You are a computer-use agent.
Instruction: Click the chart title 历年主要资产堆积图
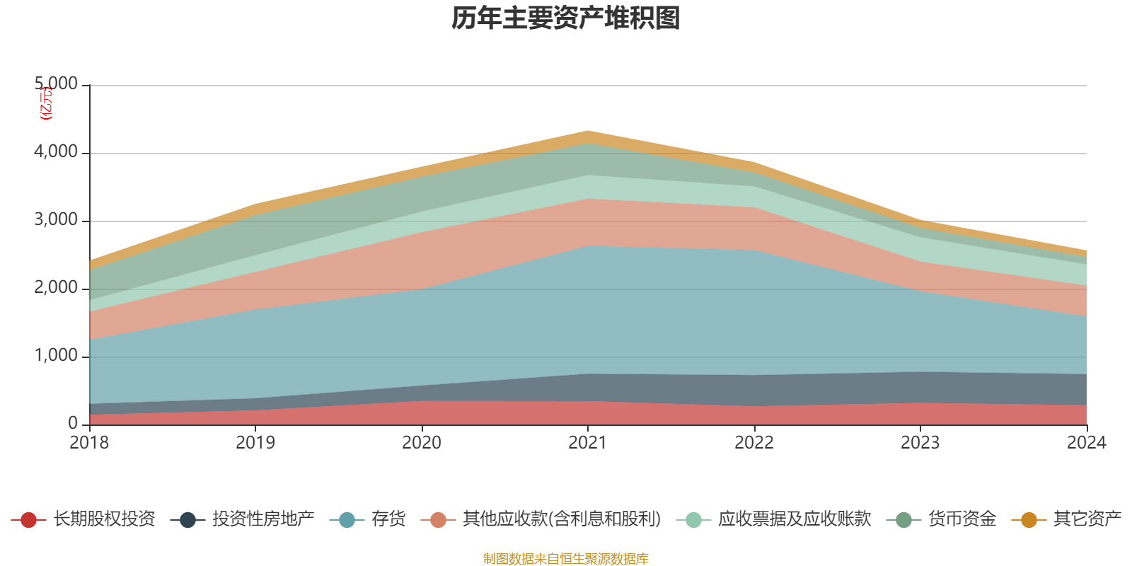click(x=566, y=18)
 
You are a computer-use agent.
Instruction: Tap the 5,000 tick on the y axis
click(x=57, y=84)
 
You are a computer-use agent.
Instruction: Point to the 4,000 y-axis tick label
click(x=57, y=152)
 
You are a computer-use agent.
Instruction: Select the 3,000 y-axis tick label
click(x=57, y=220)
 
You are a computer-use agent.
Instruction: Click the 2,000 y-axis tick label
click(x=57, y=288)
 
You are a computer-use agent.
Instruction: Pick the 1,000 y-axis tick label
click(x=57, y=356)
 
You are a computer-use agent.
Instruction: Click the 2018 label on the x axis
click(x=89, y=443)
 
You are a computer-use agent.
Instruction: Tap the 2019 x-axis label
click(x=255, y=443)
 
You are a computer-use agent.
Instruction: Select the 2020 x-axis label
click(x=422, y=443)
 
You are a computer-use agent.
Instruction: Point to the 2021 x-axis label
click(x=588, y=443)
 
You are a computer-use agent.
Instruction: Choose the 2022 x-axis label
click(x=754, y=443)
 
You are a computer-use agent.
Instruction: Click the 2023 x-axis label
click(x=920, y=443)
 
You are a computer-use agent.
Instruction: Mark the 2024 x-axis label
click(x=1086, y=443)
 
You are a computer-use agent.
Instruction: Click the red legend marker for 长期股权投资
click(x=28, y=520)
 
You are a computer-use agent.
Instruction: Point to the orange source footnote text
click(x=566, y=559)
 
